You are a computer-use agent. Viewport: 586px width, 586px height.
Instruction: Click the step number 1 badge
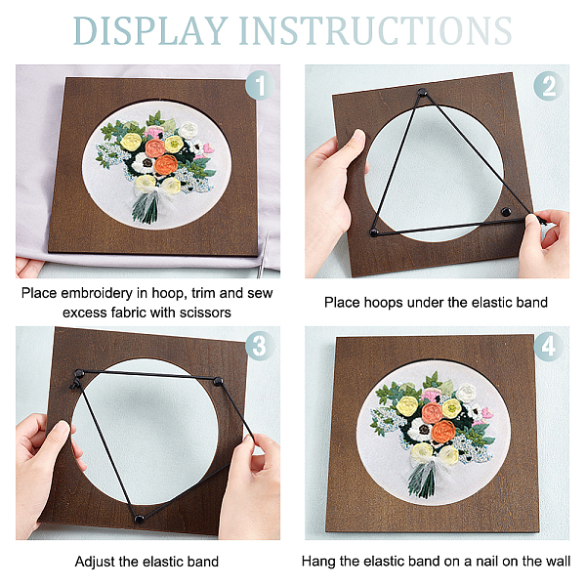tap(260, 85)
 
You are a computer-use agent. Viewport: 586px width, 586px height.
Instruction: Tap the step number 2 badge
tap(548, 86)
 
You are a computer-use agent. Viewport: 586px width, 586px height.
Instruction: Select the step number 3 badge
tap(260, 346)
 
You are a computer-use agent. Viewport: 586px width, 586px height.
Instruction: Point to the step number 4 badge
tap(548, 347)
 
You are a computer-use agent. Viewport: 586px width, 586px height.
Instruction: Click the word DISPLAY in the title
tap(150, 30)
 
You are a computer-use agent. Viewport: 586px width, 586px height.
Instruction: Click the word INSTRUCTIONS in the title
tap(376, 30)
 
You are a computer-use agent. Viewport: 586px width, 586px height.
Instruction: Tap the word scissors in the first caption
tap(205, 313)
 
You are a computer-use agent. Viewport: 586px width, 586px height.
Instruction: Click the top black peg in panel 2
tap(422, 92)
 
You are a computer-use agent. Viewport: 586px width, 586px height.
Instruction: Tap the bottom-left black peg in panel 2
tap(374, 232)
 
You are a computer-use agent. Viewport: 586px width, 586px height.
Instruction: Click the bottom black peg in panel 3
tap(139, 519)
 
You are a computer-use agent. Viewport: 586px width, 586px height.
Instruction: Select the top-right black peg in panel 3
tap(218, 382)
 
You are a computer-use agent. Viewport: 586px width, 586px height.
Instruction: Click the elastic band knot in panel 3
tap(75, 383)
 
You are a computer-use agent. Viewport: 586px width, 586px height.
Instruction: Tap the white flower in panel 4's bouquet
tap(466, 394)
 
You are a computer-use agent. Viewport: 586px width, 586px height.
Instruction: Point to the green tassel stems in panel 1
tap(146, 210)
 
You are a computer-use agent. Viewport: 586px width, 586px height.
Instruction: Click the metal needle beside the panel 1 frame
tap(263, 255)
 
